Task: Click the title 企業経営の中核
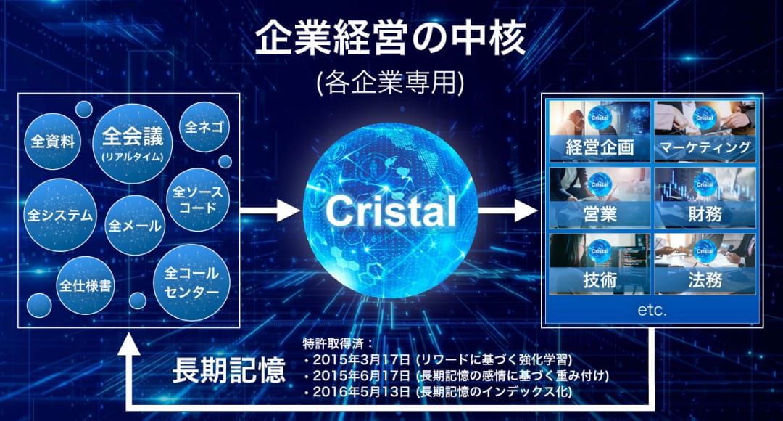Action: coord(390,38)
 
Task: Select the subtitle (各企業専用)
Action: coord(391,82)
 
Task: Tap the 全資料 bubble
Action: coord(52,142)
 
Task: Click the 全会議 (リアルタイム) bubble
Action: coord(133,144)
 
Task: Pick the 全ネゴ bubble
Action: coord(204,127)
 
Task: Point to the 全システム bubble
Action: coord(60,215)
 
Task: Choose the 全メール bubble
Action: coord(135,226)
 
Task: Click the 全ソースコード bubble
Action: coord(198,200)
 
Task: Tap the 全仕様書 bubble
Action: coord(86,285)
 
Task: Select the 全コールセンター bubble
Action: coord(191,282)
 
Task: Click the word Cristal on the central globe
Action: coord(391,210)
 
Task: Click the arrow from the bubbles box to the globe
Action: coord(270,210)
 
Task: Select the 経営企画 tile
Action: coord(600,131)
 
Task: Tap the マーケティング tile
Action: coord(705,131)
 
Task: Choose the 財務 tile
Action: coord(705,197)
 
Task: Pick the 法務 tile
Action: coord(705,264)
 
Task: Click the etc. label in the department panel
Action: coord(652,310)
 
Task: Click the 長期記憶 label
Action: coord(228,370)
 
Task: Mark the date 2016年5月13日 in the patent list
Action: coord(362,391)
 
